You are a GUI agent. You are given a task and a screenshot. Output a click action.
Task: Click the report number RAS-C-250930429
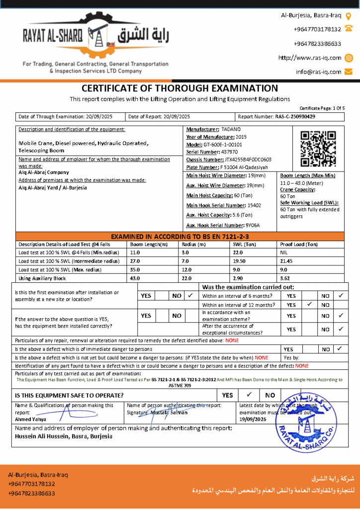[x=295, y=117]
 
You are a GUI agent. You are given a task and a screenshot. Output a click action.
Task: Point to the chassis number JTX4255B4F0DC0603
[x=248, y=160]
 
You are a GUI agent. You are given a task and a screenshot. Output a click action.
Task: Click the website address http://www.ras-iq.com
[x=309, y=58]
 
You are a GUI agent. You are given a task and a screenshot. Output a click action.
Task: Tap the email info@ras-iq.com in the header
[x=318, y=72]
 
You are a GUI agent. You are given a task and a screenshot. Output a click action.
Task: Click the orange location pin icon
[x=349, y=15]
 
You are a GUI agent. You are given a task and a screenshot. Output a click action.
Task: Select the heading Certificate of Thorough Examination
[x=180, y=88]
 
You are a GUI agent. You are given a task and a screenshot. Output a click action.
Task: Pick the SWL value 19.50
[x=240, y=261]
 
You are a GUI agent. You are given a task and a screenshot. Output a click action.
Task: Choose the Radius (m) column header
[x=193, y=245]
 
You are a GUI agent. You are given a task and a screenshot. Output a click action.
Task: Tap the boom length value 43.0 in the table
[x=135, y=278]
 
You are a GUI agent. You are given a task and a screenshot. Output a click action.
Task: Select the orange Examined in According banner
[x=180, y=237]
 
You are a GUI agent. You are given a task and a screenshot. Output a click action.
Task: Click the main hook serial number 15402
[x=240, y=205]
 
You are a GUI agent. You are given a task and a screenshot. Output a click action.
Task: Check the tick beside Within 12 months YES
[x=309, y=305]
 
